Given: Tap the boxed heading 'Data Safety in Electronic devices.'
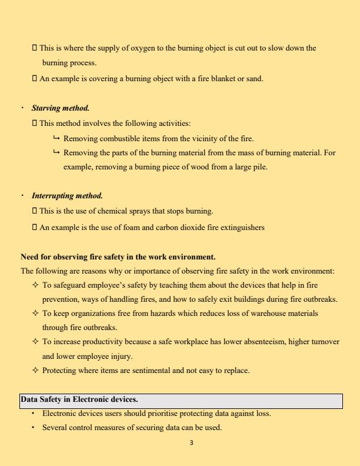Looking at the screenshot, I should (79, 400).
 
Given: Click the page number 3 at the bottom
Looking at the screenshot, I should (192, 442).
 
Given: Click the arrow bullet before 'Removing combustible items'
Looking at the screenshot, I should (56, 139).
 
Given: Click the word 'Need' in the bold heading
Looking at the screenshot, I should (29, 257).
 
